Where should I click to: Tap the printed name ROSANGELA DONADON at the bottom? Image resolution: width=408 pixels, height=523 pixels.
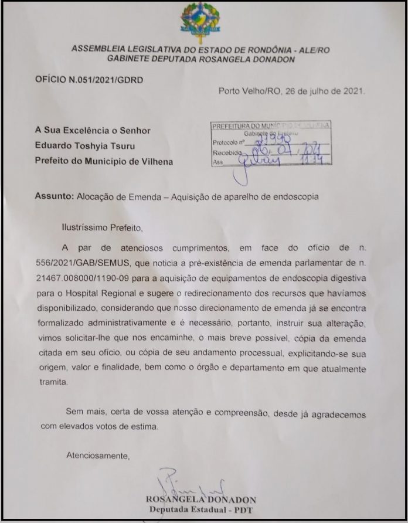203,500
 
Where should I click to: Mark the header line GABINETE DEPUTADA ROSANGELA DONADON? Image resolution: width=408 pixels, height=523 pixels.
201,59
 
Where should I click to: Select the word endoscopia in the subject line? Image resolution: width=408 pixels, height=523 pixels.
296,197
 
